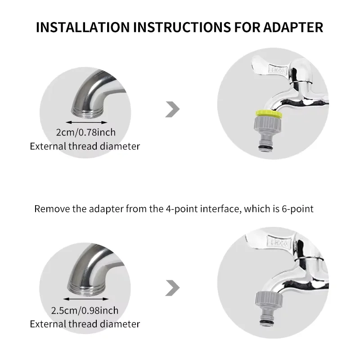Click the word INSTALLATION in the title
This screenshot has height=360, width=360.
point(83,27)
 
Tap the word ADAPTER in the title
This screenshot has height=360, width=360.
point(293,27)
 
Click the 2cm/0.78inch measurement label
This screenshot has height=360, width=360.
point(85,132)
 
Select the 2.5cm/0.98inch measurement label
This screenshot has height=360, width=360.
point(85,310)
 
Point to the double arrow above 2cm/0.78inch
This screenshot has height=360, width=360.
point(86,122)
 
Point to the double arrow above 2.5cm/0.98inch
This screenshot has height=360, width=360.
point(85,299)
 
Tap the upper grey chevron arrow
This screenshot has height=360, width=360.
point(172,109)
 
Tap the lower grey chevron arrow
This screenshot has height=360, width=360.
point(172,288)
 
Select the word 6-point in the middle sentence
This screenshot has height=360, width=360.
point(297,209)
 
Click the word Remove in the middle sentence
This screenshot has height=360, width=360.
point(52,209)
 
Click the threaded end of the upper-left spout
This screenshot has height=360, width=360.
point(86,114)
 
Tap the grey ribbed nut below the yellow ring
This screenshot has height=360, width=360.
point(268,123)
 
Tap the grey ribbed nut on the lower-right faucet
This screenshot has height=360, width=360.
point(269,298)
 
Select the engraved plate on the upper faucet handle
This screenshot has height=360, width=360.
point(278,70)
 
